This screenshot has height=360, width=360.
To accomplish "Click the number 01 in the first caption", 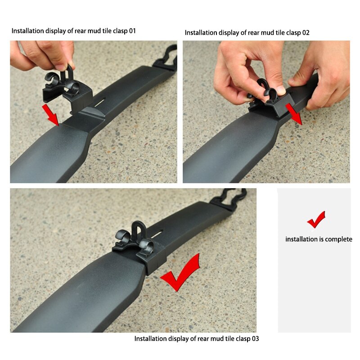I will [131, 31].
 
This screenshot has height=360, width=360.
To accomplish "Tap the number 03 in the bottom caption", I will [254, 338].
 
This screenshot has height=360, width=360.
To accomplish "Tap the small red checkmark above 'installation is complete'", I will [316, 220].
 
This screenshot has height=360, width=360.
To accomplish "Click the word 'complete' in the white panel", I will [336, 239].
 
